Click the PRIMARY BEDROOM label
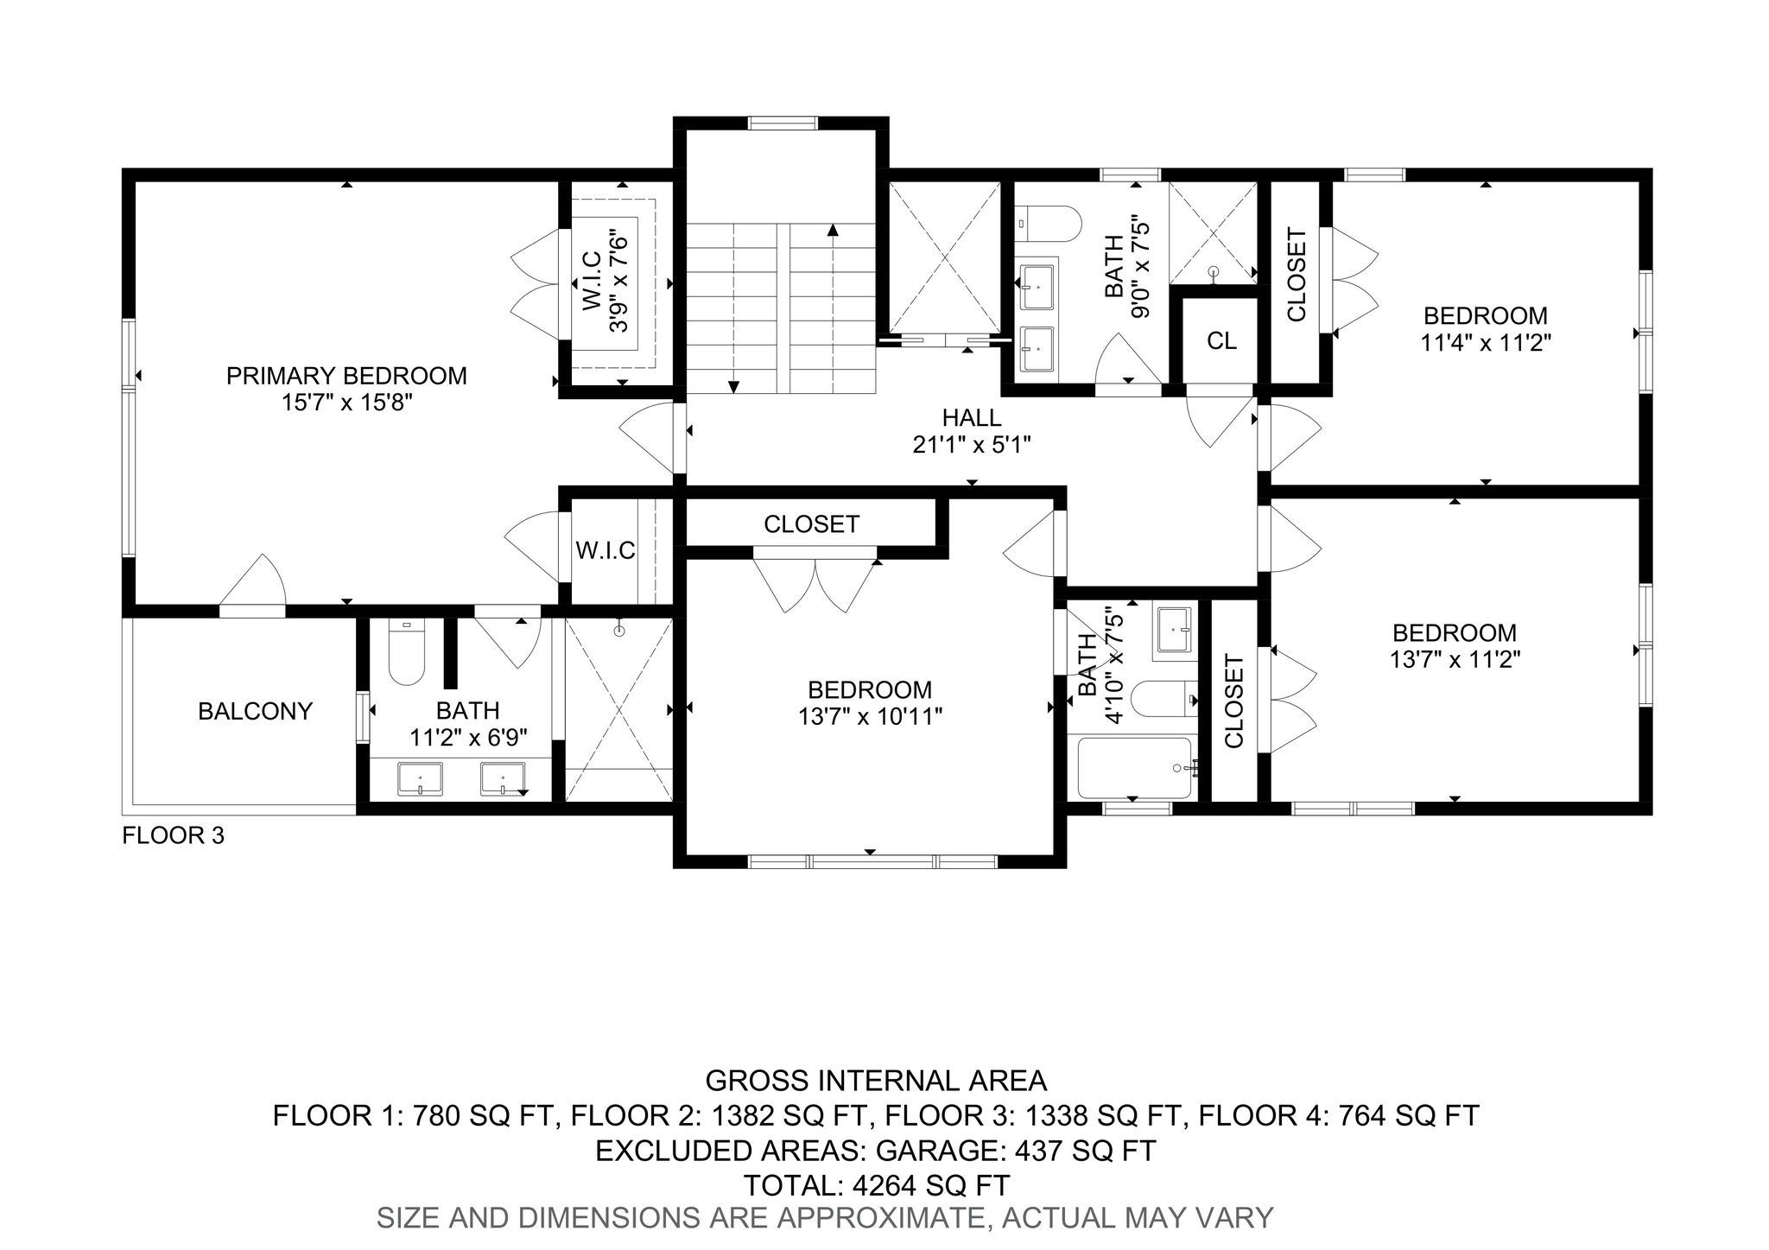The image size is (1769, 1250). pos(346,376)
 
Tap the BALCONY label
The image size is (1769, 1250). pos(255,711)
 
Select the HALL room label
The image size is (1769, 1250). pos(972,417)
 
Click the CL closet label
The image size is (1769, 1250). pos(1221,340)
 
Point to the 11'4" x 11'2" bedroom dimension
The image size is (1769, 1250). pos(1486,343)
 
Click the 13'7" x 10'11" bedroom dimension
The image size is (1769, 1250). pos(870,716)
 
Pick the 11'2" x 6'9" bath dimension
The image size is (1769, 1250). pos(467,737)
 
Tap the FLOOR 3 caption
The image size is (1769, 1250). pos(174,835)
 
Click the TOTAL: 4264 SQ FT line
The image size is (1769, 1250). pos(877,1184)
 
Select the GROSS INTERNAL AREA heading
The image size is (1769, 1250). pos(876,1081)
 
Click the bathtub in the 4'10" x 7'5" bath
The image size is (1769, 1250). pos(1134,767)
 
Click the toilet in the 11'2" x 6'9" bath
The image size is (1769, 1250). pos(406,653)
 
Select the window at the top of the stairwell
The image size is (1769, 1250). pos(782,123)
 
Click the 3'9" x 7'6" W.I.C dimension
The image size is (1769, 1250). pos(618,281)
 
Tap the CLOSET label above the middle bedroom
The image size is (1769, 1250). pos(811,523)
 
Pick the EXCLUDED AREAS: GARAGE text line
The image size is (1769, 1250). pos(876,1151)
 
